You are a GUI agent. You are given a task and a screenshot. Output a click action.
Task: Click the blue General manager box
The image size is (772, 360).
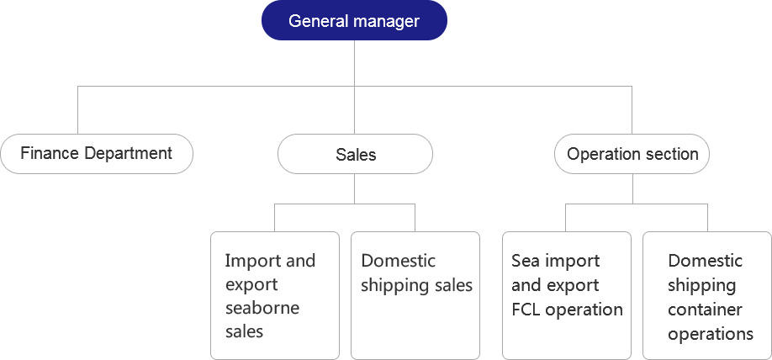pos(355,20)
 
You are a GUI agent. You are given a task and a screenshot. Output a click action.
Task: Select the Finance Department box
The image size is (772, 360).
pos(97,154)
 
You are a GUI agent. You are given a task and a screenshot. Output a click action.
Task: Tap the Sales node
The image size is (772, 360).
pos(355,154)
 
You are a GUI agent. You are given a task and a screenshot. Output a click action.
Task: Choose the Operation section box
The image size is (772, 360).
pos(632,154)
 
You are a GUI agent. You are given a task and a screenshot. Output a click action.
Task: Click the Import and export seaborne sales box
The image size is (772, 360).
pos(275,295)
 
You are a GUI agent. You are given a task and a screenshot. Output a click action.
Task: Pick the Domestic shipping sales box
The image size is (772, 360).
pos(415,295)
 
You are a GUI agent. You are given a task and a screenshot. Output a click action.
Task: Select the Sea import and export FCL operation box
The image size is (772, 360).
pos(567,295)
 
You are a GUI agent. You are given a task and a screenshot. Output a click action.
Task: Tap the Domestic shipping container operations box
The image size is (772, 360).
pos(707,295)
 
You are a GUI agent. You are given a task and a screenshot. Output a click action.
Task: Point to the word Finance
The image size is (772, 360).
pos(50,153)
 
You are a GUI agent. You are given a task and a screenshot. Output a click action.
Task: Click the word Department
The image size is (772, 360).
pos(128,154)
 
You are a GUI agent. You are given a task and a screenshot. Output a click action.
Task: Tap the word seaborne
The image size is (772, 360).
pos(262,309)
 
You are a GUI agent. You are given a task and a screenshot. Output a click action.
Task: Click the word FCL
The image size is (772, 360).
pos(526,310)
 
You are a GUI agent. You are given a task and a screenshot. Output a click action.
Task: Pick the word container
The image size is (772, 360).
pos(705,310)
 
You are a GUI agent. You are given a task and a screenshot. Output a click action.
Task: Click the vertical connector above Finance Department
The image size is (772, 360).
pos(77,110)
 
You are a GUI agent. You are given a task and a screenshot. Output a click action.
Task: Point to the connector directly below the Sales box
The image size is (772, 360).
pos(355,188)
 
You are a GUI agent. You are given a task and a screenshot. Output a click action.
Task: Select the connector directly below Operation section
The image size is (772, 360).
pos(632,188)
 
